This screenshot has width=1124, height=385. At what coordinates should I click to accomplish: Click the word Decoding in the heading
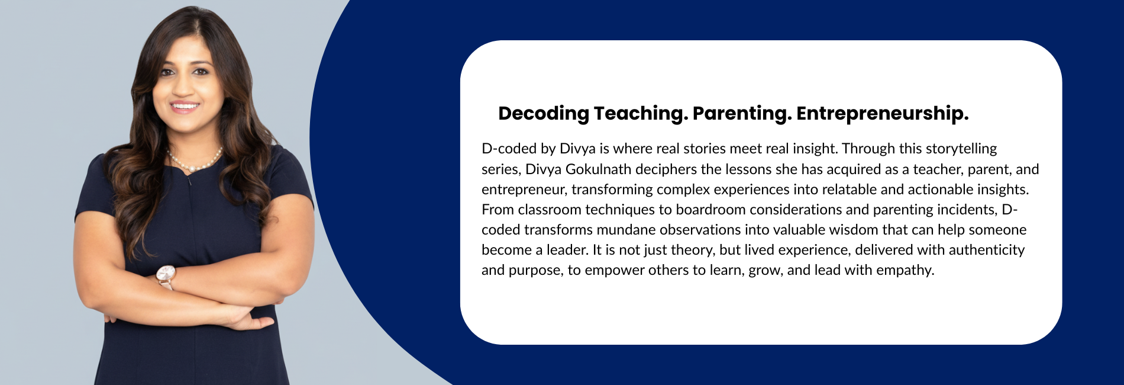544,113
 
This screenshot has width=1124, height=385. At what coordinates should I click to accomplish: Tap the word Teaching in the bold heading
641,113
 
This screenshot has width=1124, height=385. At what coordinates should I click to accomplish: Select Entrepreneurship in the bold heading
883,113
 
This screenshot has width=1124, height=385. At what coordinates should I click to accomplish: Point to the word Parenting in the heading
742,113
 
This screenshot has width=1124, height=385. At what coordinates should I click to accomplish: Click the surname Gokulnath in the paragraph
598,169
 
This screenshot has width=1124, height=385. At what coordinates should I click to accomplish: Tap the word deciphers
666,169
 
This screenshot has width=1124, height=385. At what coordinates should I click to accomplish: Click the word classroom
549,210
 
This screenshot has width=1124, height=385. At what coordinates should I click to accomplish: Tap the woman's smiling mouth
185,107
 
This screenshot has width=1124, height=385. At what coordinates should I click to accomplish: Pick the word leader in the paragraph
566,250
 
